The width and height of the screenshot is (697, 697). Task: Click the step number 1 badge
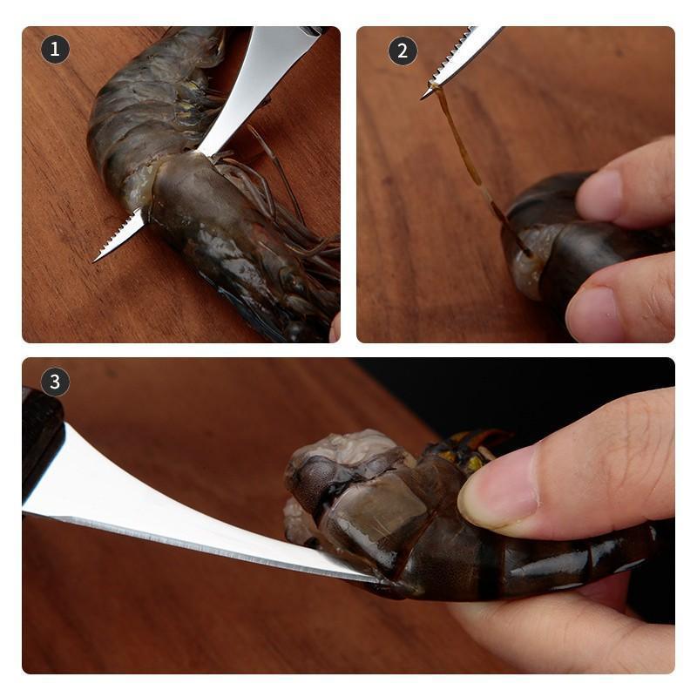55,50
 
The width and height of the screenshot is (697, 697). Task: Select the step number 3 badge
55,382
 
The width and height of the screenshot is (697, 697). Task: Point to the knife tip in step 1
97,259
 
